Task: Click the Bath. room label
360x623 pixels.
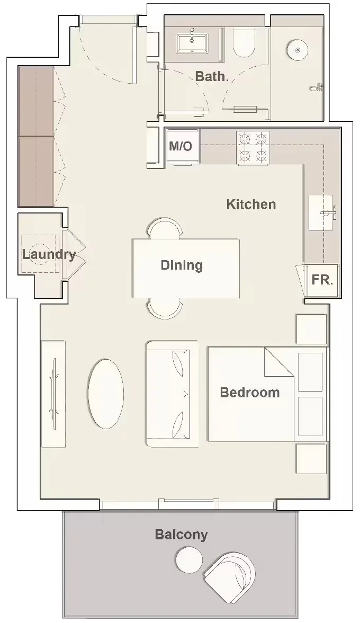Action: click(212, 76)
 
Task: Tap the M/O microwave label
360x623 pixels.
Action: click(181, 146)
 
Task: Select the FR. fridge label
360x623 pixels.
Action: click(322, 280)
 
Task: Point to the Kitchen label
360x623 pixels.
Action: click(251, 204)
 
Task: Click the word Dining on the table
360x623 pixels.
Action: click(182, 265)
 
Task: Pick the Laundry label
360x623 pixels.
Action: click(48, 254)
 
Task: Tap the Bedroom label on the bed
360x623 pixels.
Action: click(249, 393)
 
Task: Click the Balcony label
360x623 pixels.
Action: click(181, 535)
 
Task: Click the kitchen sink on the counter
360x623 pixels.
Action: click(323, 213)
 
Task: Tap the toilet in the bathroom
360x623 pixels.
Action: click(244, 43)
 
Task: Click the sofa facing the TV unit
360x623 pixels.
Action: click(171, 394)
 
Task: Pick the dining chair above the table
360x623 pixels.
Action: click(165, 230)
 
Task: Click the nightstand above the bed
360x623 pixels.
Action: click(311, 330)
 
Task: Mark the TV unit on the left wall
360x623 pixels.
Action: click(53, 394)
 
